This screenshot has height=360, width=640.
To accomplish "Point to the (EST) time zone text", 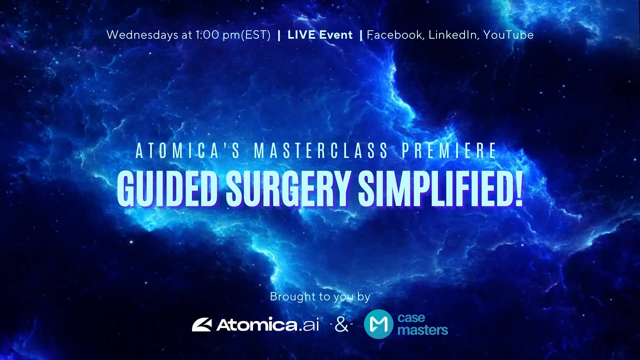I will pyautogui.click(x=255, y=35).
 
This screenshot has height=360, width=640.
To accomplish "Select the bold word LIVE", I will pyautogui.click(x=299, y=35).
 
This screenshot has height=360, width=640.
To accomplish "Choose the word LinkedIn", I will pyautogui.click(x=453, y=35).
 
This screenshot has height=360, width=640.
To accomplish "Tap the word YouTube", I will pyautogui.click(x=508, y=35).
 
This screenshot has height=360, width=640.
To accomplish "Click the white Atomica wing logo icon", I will pyautogui.click(x=202, y=325).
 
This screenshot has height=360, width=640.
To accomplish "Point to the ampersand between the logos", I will pyautogui.click(x=341, y=325).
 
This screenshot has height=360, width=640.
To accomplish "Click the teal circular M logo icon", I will pyautogui.click(x=378, y=324).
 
